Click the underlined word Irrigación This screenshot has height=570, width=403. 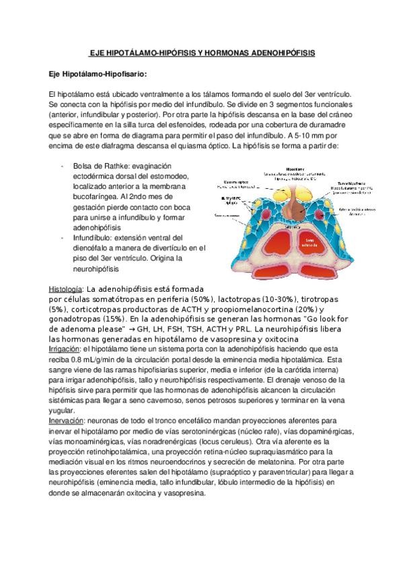pyautogui.click(x=65, y=350)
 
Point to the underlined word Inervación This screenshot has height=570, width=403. pyautogui.click(x=67, y=420)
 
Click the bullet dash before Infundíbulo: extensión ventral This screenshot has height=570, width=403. pyautogui.click(x=63, y=238)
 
